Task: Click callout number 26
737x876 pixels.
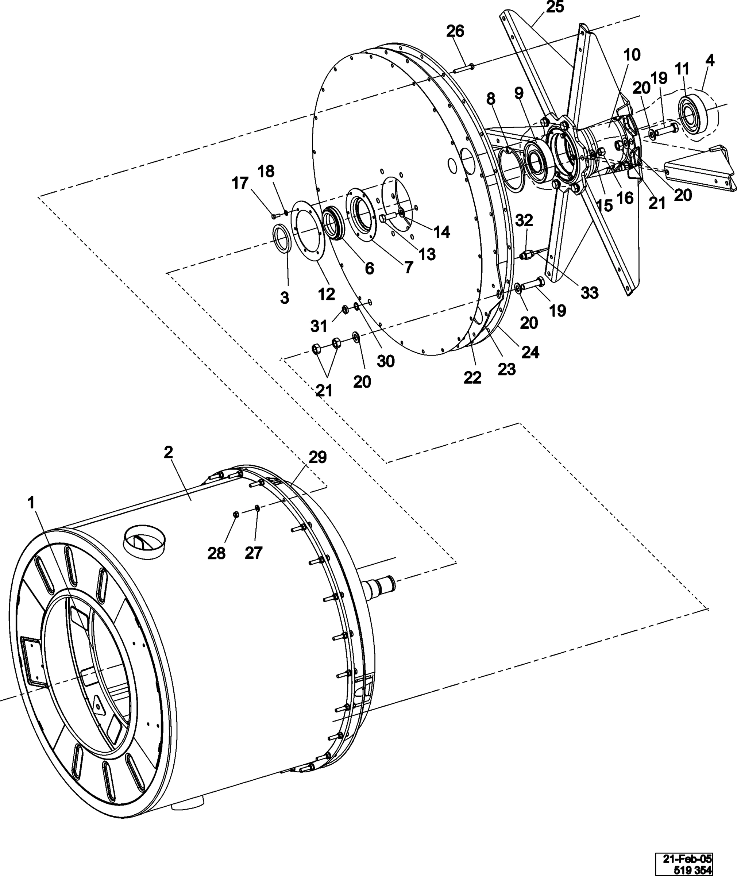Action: tap(455, 31)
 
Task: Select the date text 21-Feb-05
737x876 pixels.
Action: tap(687, 858)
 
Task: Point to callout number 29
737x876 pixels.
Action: tap(317, 457)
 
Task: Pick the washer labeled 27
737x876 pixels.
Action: tap(257, 508)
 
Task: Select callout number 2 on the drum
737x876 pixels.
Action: tap(168, 452)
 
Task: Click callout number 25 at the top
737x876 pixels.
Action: tap(555, 7)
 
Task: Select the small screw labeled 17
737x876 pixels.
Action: tap(274, 216)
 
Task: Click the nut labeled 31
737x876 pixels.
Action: tap(345, 310)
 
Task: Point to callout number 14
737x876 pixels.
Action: tap(441, 232)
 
